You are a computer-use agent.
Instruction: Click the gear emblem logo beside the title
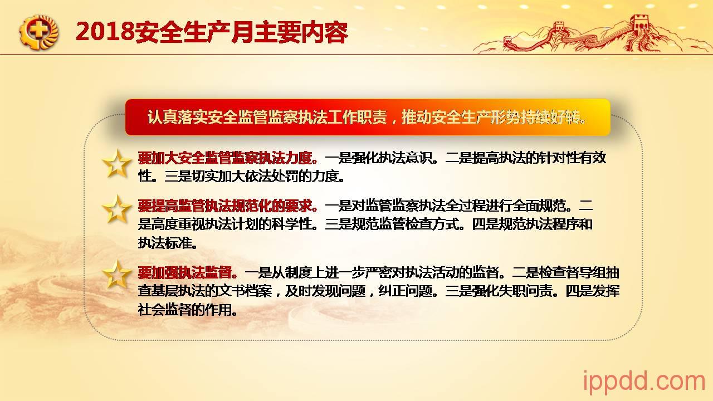(39, 32)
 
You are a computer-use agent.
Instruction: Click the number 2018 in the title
(105, 32)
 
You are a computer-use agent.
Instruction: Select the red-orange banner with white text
(368, 118)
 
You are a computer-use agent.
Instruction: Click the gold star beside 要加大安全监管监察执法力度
(116, 164)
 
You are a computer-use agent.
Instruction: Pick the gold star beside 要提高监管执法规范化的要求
(116, 209)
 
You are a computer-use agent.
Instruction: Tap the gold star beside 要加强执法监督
(116, 275)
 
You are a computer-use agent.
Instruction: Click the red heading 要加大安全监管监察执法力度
(228, 158)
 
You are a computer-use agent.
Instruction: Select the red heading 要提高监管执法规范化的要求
(228, 206)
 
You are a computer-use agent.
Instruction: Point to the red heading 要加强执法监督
(188, 272)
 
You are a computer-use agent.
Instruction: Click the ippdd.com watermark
(643, 382)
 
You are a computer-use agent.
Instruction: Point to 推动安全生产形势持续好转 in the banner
(494, 118)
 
